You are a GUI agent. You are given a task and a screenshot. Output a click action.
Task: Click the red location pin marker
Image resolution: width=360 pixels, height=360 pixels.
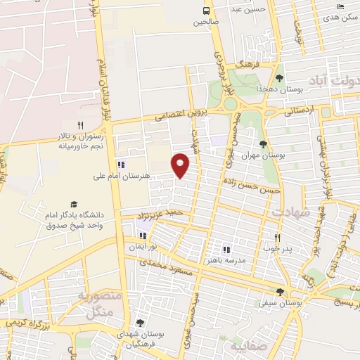point(181,165)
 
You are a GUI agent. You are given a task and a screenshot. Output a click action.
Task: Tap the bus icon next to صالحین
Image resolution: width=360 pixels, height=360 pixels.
point(206,11)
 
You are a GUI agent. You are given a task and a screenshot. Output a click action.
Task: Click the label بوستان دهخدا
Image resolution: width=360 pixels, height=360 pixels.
point(280,90)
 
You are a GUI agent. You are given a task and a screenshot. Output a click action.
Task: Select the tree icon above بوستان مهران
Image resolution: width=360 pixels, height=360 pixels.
point(262,145)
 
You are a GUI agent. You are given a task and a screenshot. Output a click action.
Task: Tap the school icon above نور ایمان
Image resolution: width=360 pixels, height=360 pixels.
point(143,236)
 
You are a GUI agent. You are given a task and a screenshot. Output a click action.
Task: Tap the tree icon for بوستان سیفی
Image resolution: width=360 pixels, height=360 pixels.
point(280,292)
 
